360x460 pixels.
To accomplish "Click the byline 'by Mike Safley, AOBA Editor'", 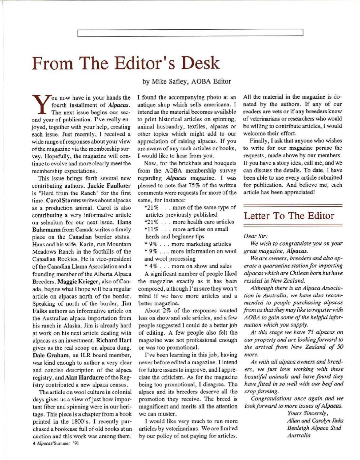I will tap(187, 81).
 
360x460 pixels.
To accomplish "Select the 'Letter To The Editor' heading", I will tap(289, 216).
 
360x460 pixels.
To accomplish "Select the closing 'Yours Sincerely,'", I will tap(307, 413).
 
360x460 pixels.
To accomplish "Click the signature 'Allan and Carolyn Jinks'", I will tap(315, 421).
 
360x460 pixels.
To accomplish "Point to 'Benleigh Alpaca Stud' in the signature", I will tap(314, 428).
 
